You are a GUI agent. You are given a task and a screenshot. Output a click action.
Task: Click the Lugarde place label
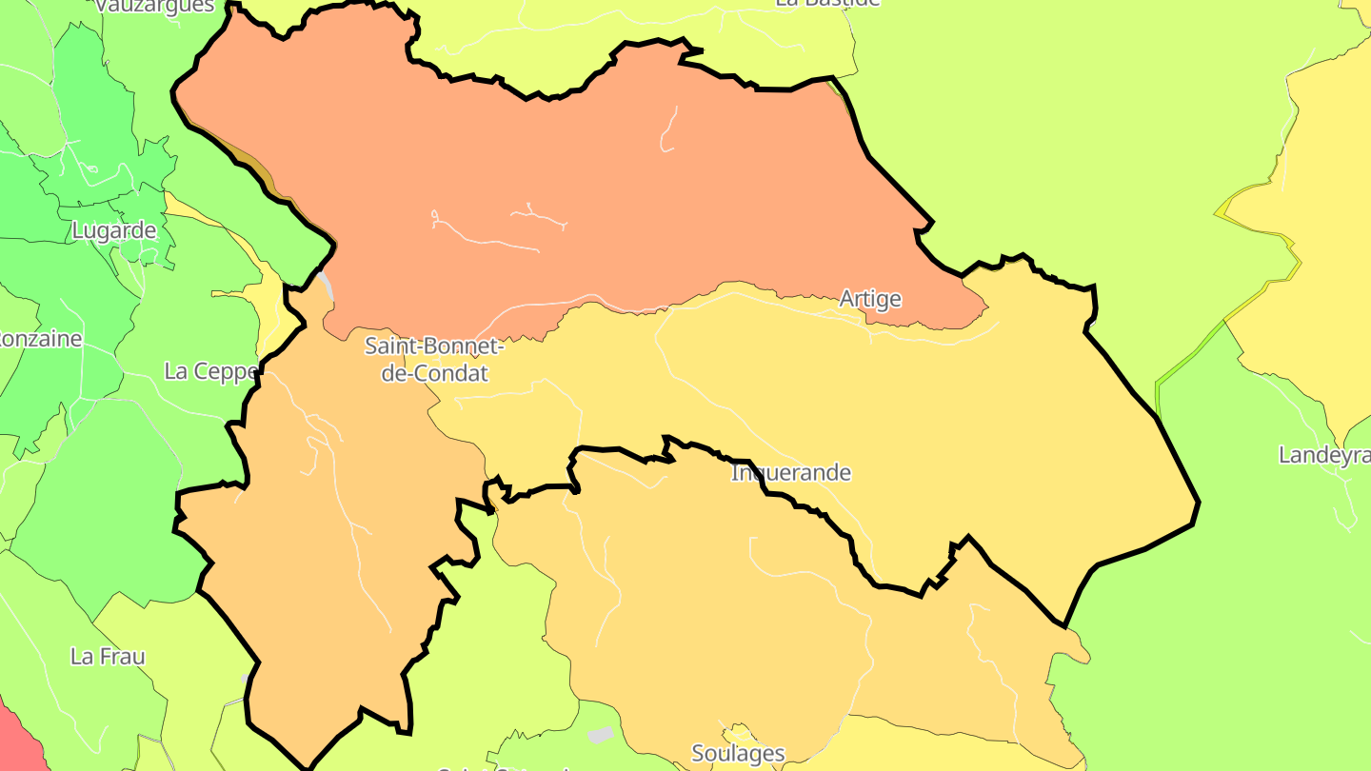[114, 230]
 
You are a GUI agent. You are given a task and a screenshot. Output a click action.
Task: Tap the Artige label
[870, 299]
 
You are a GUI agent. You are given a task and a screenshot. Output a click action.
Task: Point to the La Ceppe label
[210, 371]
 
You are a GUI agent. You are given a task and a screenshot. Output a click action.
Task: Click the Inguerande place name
[791, 472]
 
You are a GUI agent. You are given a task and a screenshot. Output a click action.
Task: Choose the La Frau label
[108, 656]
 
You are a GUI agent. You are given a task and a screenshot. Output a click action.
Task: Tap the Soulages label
[738, 754]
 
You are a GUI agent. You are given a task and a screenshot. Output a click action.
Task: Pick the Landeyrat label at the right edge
[1323, 455]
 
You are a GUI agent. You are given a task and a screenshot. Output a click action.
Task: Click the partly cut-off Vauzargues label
[155, 6]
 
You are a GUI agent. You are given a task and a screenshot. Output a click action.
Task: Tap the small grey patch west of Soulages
[600, 735]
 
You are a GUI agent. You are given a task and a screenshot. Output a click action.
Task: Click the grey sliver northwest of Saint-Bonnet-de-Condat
[326, 284]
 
